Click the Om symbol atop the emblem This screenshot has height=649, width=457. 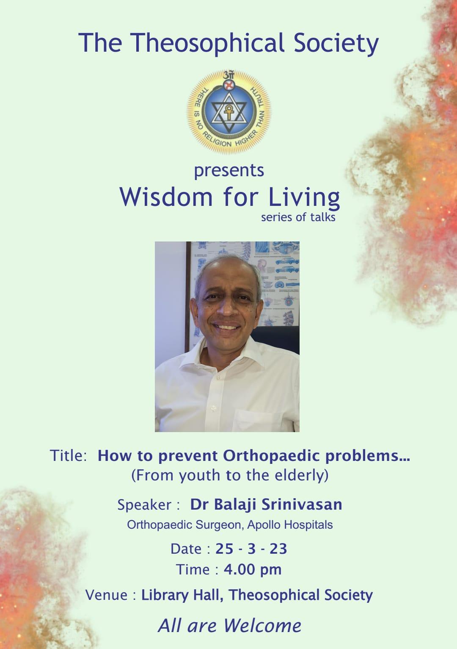pyautogui.click(x=228, y=75)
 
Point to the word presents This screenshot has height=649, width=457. pyautogui.click(x=229, y=171)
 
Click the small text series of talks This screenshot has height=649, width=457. pyautogui.click(x=298, y=217)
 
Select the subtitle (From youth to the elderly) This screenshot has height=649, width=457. pyautogui.click(x=230, y=475)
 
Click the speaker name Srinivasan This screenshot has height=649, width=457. pyautogui.click(x=302, y=504)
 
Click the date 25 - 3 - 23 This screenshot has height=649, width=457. pyautogui.click(x=251, y=549)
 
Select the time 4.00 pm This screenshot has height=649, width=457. pyautogui.click(x=252, y=570)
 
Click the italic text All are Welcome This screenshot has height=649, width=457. pyautogui.click(x=229, y=626)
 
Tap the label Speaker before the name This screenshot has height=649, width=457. pyautogui.click(x=144, y=505)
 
